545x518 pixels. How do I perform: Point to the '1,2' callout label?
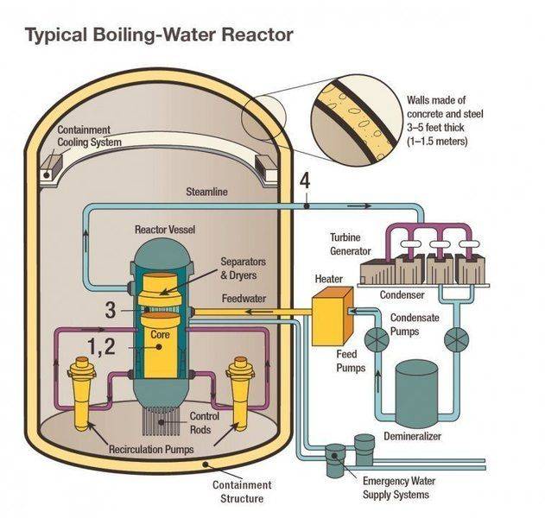click(x=102, y=347)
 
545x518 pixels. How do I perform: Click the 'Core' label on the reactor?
click(x=160, y=334)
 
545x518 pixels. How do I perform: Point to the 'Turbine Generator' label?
click(x=350, y=244)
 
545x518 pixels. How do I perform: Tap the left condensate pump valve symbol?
click(x=377, y=339)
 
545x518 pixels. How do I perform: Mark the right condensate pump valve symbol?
click(x=454, y=339)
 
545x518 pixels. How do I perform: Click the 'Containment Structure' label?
click(x=241, y=491)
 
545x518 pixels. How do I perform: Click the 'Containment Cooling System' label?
click(x=89, y=136)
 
